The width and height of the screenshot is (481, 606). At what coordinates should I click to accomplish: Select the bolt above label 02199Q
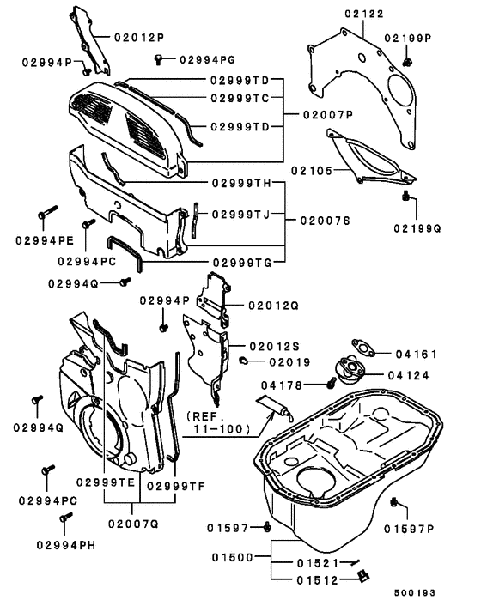click(x=405, y=197)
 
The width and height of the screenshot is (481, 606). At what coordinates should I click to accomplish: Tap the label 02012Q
click(x=273, y=305)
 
